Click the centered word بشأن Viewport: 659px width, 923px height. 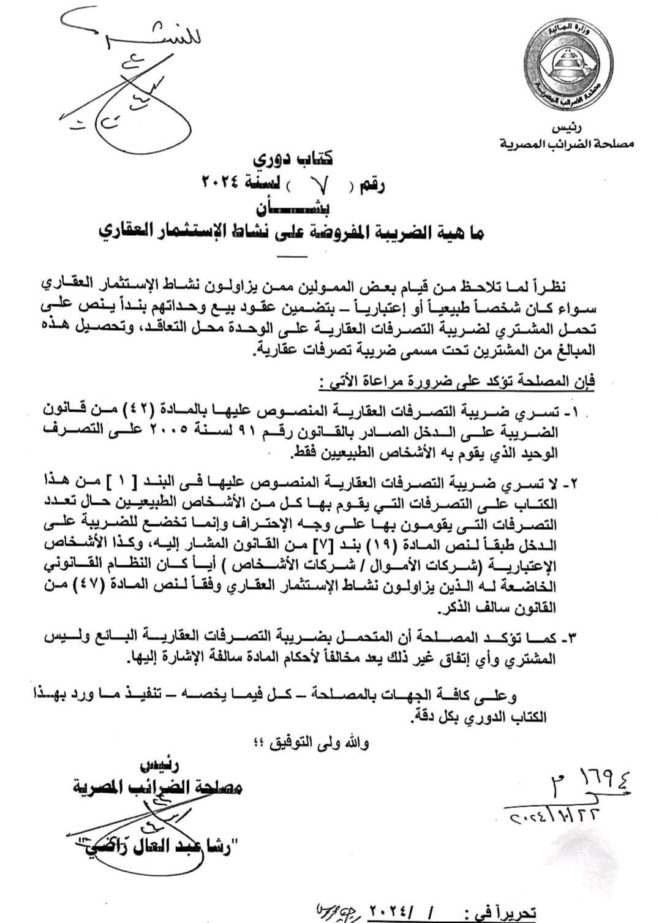[x=295, y=206]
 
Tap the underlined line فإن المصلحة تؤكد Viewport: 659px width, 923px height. [x=456, y=383]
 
